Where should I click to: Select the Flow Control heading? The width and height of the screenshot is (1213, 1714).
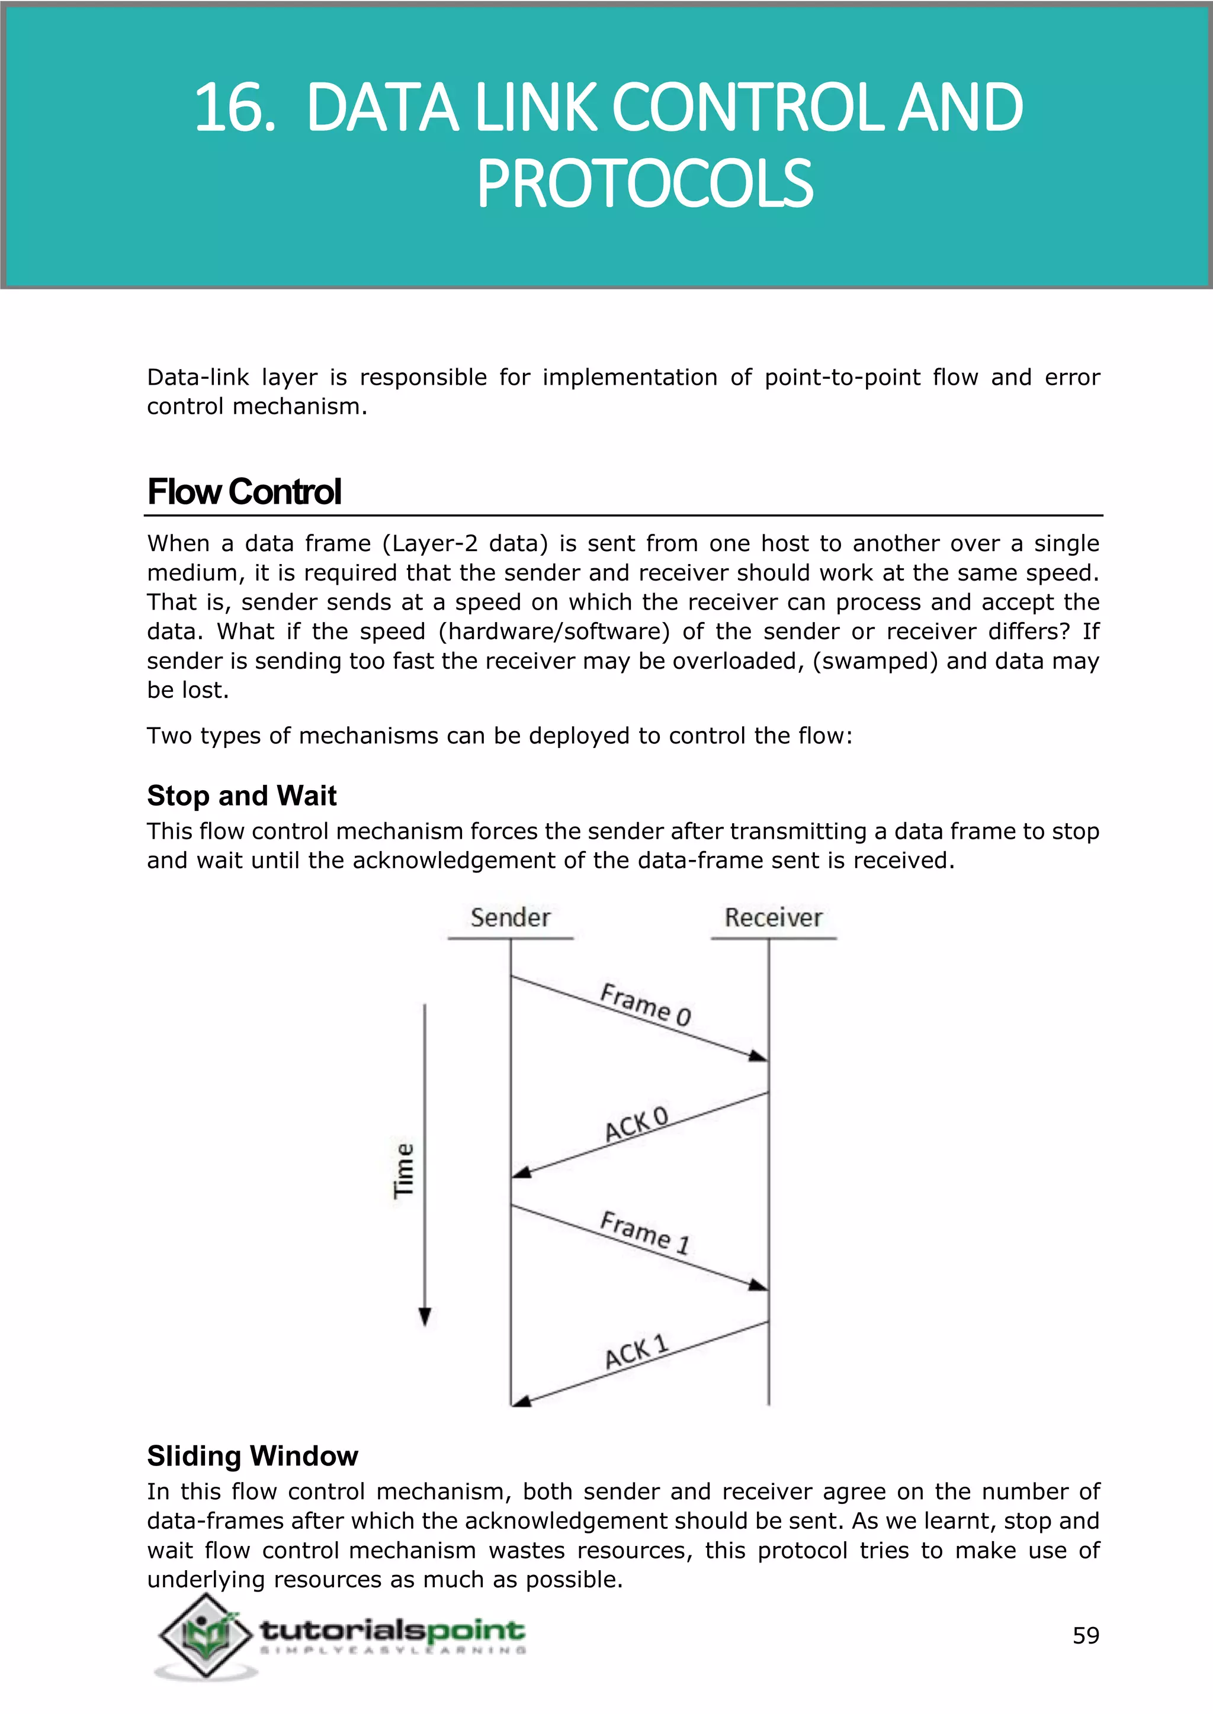tap(243, 492)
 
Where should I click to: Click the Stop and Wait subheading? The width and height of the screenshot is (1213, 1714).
tap(241, 796)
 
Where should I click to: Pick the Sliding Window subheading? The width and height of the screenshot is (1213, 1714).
tap(252, 1456)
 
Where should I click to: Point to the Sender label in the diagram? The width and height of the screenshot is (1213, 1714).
tap(510, 917)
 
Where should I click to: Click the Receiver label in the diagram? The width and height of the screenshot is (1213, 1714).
tap(773, 917)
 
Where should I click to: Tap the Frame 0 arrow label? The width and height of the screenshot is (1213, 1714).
tap(646, 1005)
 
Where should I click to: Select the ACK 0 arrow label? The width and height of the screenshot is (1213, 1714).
tap(636, 1125)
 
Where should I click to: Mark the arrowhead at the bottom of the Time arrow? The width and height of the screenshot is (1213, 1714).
tap(425, 1317)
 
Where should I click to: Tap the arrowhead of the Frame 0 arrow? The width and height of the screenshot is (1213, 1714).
tap(759, 1056)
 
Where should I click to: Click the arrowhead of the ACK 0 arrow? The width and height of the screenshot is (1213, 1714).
tap(521, 1173)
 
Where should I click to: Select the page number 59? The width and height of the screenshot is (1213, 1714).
tap(1086, 1636)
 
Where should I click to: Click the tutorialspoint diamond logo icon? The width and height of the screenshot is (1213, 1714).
tap(205, 1636)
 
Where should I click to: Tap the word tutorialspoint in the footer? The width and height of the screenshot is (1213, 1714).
tap(392, 1631)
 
